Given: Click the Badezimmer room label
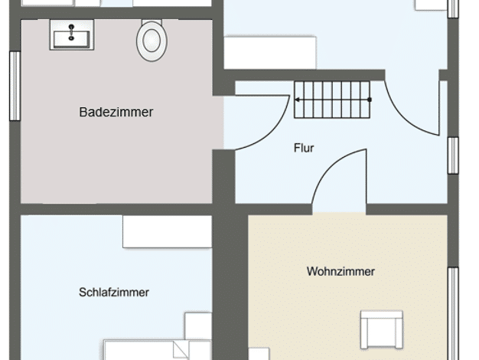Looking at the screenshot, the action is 116,112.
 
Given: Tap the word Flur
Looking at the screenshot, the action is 304,148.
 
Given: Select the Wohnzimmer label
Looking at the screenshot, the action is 341,271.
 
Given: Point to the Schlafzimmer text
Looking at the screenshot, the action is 114,292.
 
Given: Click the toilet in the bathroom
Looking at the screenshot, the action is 152,40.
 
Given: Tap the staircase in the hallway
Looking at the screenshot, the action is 332,100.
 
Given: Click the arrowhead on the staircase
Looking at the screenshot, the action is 297,100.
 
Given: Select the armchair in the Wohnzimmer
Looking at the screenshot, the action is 381,329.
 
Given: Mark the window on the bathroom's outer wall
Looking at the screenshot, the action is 15,86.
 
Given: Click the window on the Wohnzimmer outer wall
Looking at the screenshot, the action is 453,313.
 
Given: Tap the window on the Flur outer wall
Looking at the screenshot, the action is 453,155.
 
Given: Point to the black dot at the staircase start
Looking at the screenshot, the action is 370,100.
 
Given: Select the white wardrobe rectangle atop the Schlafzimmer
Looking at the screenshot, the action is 167,231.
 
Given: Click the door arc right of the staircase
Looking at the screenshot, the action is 402,119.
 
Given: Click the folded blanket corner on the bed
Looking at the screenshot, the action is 181,349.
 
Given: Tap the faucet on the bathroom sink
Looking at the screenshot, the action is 71,32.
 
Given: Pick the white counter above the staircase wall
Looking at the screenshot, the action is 270,53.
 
